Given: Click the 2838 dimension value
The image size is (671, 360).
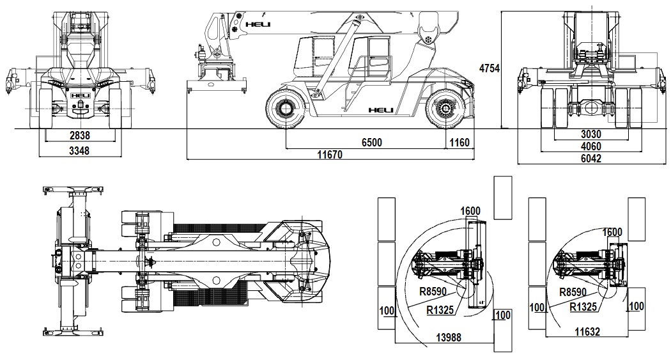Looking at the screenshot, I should (x=81, y=136).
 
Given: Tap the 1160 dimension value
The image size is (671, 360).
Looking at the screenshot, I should (x=459, y=143).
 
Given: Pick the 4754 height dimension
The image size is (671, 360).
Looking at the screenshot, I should (x=489, y=68).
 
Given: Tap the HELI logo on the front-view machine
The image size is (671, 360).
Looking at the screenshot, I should (x=81, y=95).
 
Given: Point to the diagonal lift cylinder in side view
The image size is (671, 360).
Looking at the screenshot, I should (x=338, y=58).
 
